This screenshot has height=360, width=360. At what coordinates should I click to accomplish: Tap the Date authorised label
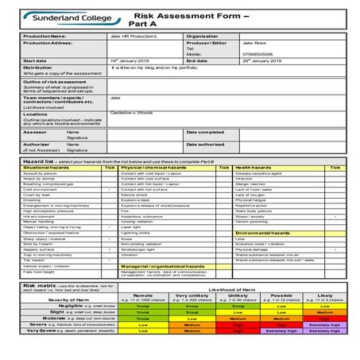[x=205, y=144]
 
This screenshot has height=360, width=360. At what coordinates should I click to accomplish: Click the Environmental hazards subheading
[x=265, y=232]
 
